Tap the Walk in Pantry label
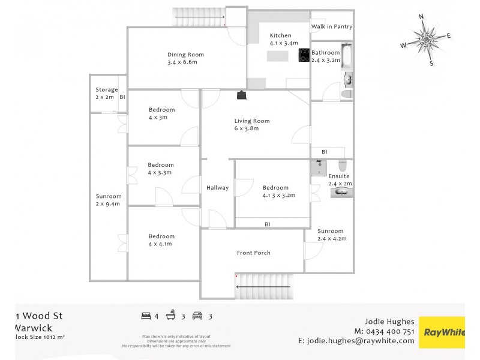pyautogui.click(x=331, y=27)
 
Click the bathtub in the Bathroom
pyautogui.click(x=347, y=56)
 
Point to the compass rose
pyautogui.click(x=427, y=40)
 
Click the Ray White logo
pyautogui.click(x=442, y=332)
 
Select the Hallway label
pyautogui.click(x=217, y=188)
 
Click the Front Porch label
pyautogui.click(x=253, y=253)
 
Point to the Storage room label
pyautogui.click(x=107, y=90)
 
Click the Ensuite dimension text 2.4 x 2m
pyautogui.click(x=340, y=184)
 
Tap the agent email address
pyautogui.click(x=356, y=341)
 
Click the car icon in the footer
pyautogui.click(x=197, y=316)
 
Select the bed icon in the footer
pyautogui.click(x=146, y=316)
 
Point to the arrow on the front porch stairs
pyautogui.click(x=264, y=287)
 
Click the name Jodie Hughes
pyautogui.click(x=389, y=322)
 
